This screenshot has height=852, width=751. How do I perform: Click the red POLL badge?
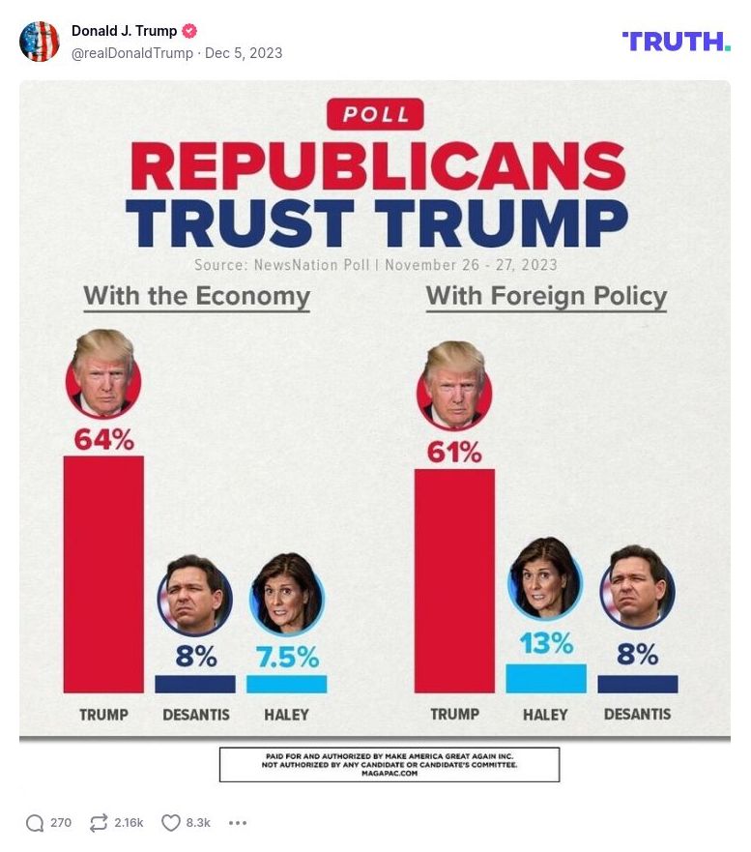pyautogui.click(x=375, y=115)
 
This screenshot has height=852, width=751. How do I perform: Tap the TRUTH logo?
pyautogui.click(x=676, y=41)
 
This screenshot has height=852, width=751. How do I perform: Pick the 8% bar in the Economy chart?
pyautogui.click(x=195, y=684)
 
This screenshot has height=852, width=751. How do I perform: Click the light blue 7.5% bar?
pyautogui.click(x=286, y=684)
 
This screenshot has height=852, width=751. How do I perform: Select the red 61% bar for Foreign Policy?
pyautogui.click(x=454, y=580)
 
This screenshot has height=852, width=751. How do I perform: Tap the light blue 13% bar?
pyautogui.click(x=546, y=678)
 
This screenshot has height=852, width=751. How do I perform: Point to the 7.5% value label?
pyautogui.click(x=287, y=658)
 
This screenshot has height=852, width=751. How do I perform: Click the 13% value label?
pyautogui.click(x=546, y=643)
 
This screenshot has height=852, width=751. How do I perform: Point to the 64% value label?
pyautogui.click(x=103, y=440)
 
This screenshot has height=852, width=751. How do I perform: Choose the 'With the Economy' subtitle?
pyautogui.click(x=196, y=296)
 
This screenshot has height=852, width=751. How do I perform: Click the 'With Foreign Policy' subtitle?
pyautogui.click(x=546, y=296)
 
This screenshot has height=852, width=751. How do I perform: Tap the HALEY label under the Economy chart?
pyautogui.click(x=286, y=715)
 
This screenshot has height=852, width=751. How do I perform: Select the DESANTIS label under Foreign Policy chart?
pyautogui.click(x=637, y=715)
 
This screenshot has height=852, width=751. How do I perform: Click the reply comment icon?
pyautogui.click(x=35, y=823)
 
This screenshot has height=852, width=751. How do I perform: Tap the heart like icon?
pyautogui.click(x=171, y=823)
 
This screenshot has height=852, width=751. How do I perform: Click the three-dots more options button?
pyautogui.click(x=238, y=823)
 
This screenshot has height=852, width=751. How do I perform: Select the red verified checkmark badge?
pyautogui.click(x=190, y=31)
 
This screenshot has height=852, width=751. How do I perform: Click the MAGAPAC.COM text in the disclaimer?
pyautogui.click(x=389, y=774)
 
